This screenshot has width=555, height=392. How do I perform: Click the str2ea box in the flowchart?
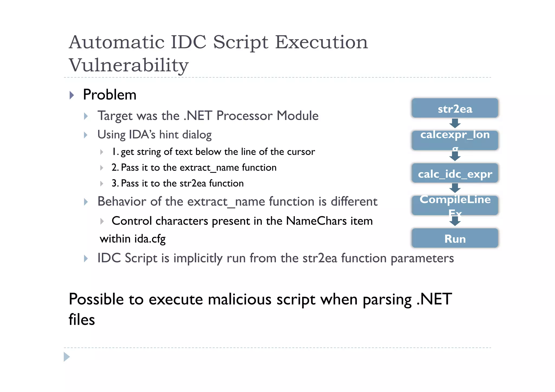(455, 108)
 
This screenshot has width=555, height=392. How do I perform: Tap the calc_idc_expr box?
(455, 173)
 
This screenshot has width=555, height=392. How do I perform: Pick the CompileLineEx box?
(455, 205)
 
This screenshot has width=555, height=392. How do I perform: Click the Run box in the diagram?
(455, 238)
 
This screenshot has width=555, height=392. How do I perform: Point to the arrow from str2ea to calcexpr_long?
(455, 123)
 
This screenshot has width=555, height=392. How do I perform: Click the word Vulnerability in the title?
(128, 65)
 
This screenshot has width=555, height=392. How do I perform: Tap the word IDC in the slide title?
(188, 43)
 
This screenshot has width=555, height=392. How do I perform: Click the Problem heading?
(109, 95)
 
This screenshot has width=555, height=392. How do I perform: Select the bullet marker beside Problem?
(72, 95)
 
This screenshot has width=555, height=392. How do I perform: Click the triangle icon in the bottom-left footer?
(66, 357)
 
